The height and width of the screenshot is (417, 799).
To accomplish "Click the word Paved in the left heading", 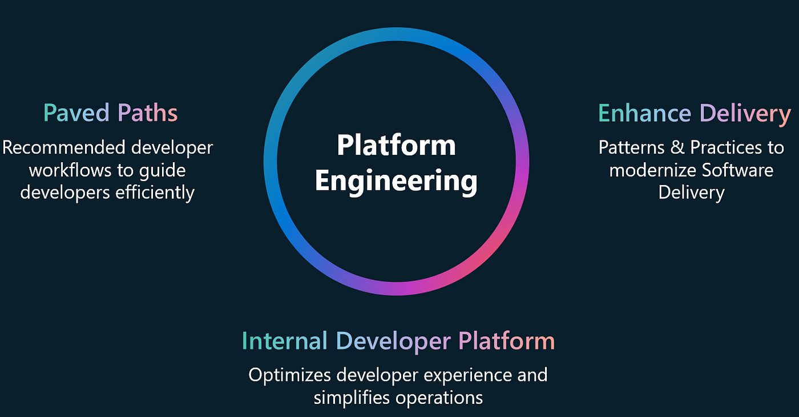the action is coord(76,113).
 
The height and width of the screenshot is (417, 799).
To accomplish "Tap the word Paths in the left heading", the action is coord(147,113).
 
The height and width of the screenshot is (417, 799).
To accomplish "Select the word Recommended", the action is coord(64,147).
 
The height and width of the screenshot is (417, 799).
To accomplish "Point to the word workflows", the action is coord(70,170).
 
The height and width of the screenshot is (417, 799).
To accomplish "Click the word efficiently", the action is coord(155,193).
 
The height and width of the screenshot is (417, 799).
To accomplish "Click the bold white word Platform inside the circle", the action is coord(396,146).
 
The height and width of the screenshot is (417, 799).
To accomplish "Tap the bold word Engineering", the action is coord(396,182).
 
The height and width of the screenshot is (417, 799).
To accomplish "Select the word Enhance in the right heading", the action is coord(644,113).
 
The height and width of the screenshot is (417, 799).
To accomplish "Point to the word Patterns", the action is coord(631,147).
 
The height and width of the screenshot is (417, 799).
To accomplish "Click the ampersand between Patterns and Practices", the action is coord(677,147).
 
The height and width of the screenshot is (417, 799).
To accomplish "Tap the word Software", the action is coord(737,170).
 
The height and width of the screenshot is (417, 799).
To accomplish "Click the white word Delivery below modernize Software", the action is coord(691,193).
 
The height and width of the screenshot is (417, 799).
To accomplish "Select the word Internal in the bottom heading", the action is coord(284,340).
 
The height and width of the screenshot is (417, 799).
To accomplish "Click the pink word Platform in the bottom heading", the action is coord(507,340).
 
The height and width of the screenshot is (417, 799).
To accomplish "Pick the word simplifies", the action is coord(352,398).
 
